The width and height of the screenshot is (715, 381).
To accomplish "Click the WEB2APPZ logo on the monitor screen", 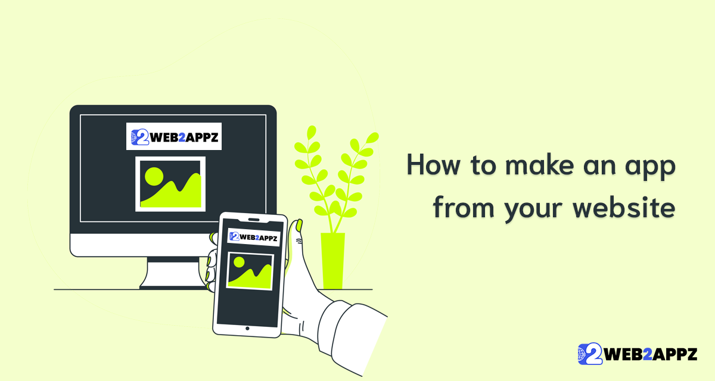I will point(174,137).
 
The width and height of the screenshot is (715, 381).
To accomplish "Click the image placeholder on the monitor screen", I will point(170,184).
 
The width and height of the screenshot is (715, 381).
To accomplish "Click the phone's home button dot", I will point(247,327).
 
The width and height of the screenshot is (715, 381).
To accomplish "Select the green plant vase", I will point(332,261).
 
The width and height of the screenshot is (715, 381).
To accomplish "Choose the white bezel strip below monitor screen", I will point(137,244).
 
